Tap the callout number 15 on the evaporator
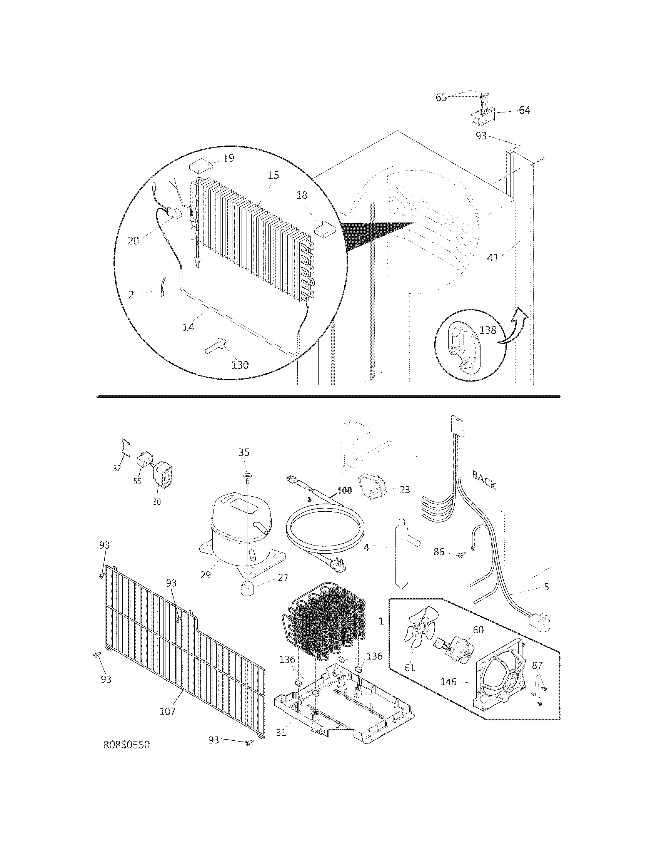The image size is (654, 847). [x=273, y=175]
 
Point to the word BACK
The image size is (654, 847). [x=484, y=480]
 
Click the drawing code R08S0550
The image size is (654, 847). [x=126, y=755]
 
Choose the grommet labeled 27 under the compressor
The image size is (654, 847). [x=246, y=590]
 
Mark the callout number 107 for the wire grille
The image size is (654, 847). [x=167, y=711]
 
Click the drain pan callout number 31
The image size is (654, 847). [x=281, y=733]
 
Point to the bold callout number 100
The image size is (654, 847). [x=344, y=490]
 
